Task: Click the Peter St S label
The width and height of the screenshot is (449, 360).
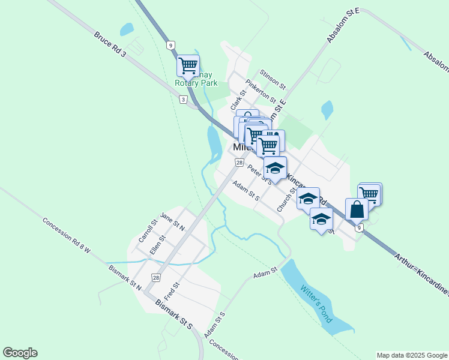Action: click(x=260, y=175)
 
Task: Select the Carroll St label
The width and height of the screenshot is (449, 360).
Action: click(x=148, y=230)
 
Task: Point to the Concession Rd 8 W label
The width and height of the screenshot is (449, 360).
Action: click(x=66, y=234)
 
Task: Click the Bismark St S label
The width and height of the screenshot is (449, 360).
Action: click(x=173, y=313)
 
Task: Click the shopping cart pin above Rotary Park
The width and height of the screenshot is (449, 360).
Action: click(x=188, y=64)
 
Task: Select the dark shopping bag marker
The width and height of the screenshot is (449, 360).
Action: click(x=357, y=209)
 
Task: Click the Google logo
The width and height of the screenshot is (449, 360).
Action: click(x=20, y=353)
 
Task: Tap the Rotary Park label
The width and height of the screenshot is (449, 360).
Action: click(x=196, y=83)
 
